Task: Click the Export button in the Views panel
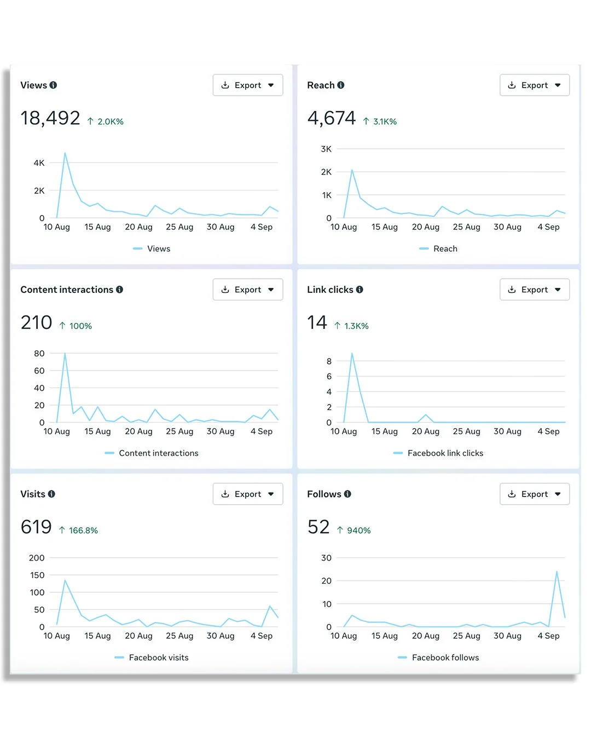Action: tap(247, 85)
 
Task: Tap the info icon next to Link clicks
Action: tap(360, 290)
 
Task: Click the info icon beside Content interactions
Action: tap(119, 290)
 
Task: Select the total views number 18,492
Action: tap(50, 118)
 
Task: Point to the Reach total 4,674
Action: tap(331, 118)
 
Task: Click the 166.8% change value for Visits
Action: tap(83, 530)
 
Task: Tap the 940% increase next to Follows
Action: tap(358, 530)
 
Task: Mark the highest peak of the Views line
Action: tap(65, 153)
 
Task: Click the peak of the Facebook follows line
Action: tap(557, 572)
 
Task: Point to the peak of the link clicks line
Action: tap(352, 354)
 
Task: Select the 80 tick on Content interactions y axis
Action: tap(39, 354)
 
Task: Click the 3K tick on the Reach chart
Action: tap(326, 149)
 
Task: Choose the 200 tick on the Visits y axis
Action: tap(37, 558)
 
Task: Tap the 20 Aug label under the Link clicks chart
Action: tap(425, 431)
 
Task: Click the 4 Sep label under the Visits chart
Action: tap(262, 636)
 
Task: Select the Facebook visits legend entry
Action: tap(158, 657)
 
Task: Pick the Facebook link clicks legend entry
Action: tap(445, 453)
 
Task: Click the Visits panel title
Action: tap(33, 494)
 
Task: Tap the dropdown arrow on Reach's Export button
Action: tap(558, 85)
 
